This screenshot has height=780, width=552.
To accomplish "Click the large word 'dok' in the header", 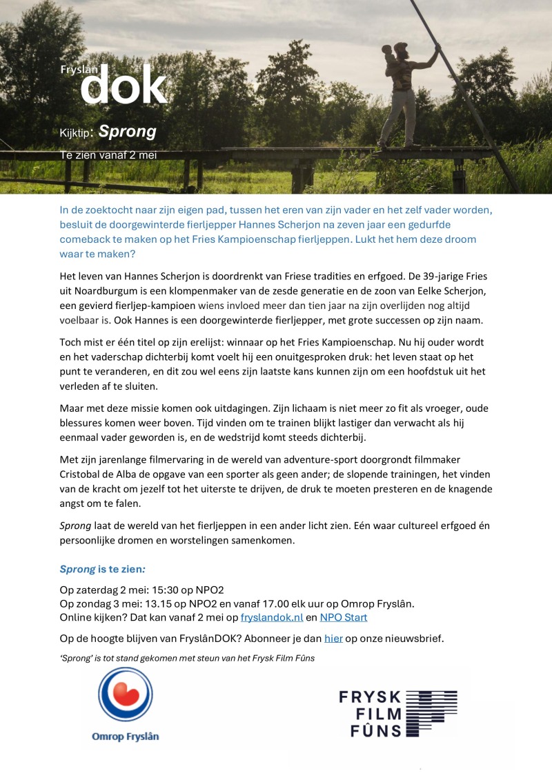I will [x=124, y=86].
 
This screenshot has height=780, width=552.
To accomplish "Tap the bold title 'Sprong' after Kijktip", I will [x=128, y=131].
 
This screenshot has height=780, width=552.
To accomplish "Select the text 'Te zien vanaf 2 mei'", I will [x=108, y=155].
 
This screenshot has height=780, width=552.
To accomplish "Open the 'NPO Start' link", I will [x=344, y=618].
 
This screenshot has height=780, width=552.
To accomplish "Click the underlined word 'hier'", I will [x=333, y=639].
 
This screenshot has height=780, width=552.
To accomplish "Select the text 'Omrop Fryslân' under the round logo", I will [x=125, y=737].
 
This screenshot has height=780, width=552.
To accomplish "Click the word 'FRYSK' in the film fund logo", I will [x=370, y=697].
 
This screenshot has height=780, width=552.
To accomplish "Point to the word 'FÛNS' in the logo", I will [x=370, y=730].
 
